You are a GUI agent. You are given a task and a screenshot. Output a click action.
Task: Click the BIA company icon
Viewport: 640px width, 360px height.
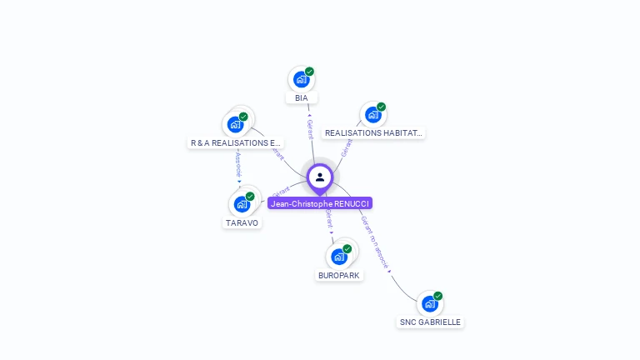tap(301, 80)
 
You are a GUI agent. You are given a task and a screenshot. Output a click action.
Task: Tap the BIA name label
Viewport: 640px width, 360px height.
tap(302, 98)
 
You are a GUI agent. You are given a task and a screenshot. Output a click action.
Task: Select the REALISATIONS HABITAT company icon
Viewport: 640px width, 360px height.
tap(372, 115)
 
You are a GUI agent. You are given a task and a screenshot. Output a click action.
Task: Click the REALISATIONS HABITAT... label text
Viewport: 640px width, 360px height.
tap(373, 133)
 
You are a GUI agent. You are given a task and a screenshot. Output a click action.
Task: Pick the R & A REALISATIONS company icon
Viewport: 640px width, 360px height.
tap(235, 125)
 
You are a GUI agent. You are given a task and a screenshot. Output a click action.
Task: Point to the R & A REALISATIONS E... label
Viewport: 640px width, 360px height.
tap(236, 143)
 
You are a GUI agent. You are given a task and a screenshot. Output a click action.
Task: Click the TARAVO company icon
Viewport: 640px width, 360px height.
tap(242, 204)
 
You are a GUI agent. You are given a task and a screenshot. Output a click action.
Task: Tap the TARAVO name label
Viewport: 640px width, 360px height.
tap(242, 223)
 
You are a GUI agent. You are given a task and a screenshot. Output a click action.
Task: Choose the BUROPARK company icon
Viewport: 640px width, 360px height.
tap(339, 257)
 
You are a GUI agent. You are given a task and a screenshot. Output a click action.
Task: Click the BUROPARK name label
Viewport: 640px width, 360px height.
tap(340, 276)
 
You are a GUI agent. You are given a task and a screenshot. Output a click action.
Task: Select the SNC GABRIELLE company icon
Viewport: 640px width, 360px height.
tap(429, 303)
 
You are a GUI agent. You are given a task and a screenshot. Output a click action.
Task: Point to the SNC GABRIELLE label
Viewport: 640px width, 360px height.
tap(430, 322)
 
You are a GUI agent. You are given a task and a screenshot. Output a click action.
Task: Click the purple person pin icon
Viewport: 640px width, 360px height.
tap(320, 177)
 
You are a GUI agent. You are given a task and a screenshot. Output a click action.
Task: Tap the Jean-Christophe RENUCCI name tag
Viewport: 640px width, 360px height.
tap(320, 203)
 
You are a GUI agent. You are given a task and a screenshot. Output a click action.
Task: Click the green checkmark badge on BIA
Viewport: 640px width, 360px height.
tap(309, 72)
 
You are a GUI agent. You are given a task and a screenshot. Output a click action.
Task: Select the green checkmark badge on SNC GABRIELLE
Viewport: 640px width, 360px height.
tap(437, 296)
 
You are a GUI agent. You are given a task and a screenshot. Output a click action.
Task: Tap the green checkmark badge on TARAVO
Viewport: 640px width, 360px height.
tap(250, 197)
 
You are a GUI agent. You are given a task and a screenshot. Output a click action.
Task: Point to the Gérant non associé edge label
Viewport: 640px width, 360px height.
tap(375, 242)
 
